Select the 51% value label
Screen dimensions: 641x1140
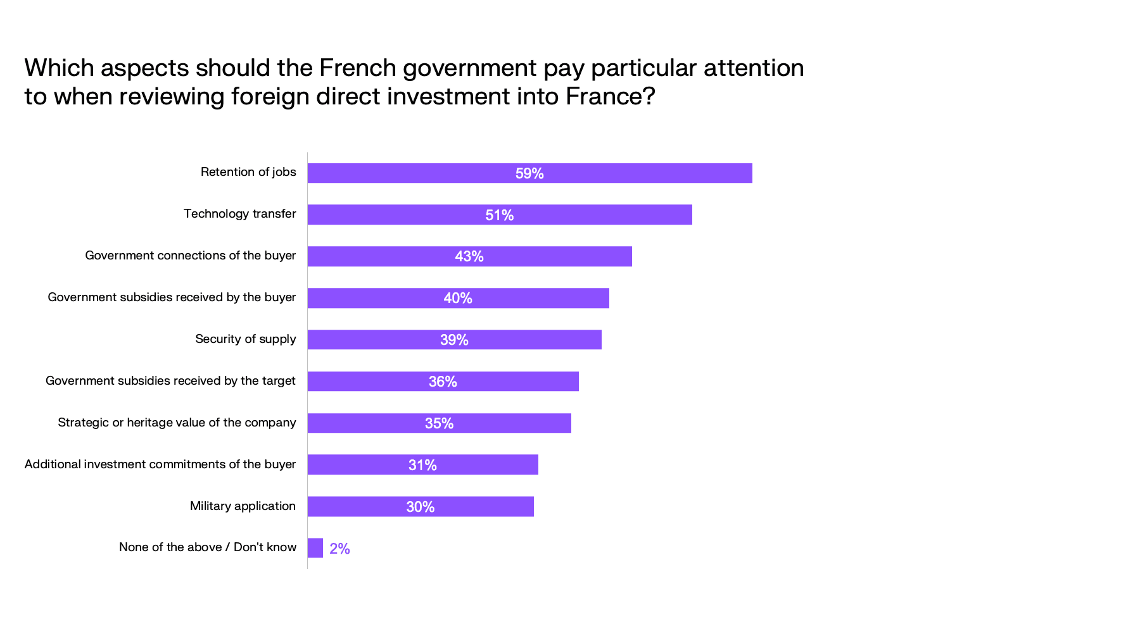(499, 215)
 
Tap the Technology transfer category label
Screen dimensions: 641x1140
(239, 214)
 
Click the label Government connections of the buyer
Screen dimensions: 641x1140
(190, 256)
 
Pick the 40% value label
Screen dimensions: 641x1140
(457, 298)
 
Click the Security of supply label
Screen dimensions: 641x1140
(245, 339)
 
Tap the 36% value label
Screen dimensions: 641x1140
(442, 382)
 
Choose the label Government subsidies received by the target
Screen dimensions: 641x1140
(170, 381)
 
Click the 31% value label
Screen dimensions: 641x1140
(422, 465)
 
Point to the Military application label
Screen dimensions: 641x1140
(243, 506)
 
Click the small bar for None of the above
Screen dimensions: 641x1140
(315, 548)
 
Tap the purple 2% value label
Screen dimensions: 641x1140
(339, 549)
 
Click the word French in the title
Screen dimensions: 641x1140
(357, 68)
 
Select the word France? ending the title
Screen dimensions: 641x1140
(610, 96)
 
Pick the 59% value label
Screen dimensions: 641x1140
(529, 173)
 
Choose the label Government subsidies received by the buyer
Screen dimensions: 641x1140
(172, 297)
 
